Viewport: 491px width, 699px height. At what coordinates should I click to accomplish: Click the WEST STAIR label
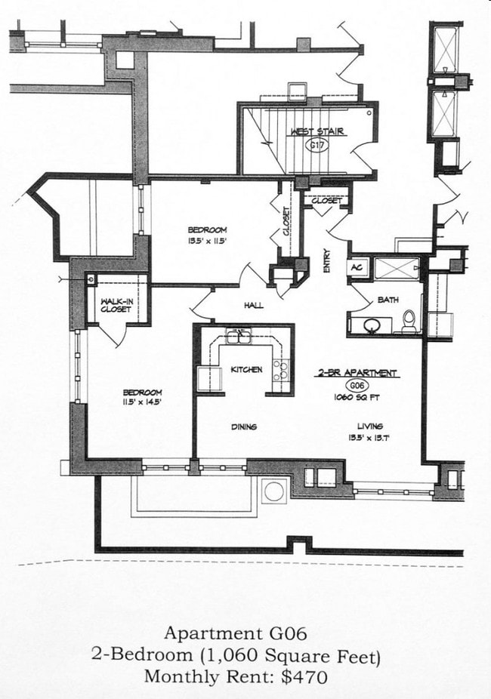point(317,131)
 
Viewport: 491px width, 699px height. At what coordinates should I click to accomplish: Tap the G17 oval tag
point(318,146)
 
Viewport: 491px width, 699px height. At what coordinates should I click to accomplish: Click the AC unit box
point(357,268)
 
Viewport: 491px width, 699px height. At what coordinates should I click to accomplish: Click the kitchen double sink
point(238,336)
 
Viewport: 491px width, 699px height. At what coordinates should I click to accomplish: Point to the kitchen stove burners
point(280,370)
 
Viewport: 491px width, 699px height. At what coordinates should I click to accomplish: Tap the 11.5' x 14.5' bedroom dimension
point(142,402)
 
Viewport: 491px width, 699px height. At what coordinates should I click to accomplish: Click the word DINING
point(243,426)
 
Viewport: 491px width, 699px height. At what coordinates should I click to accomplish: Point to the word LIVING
point(370,426)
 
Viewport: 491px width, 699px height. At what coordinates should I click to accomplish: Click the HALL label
point(253,306)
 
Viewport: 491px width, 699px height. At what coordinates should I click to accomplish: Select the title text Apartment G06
point(235,632)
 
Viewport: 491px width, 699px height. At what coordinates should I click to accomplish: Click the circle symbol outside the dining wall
point(273,491)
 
